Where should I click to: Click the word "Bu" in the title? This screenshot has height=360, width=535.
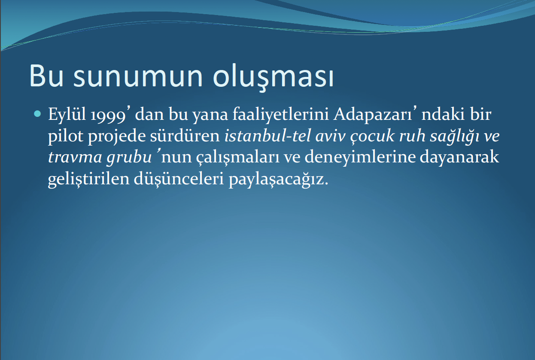point(46,76)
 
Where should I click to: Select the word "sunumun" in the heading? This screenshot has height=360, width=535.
point(138,78)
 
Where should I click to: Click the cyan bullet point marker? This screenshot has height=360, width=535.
point(37,113)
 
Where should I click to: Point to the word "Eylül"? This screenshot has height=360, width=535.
point(67,115)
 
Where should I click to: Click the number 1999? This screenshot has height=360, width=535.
point(108,116)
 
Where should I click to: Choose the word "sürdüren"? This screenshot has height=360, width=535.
point(185,136)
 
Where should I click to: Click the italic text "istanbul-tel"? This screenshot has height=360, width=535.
point(267,136)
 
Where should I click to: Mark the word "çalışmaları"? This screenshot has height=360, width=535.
point(238,158)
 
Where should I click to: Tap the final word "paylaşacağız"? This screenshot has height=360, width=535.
point(279,180)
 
